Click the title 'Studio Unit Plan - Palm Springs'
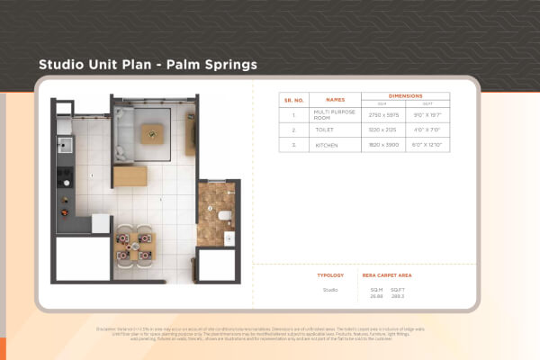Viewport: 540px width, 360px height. [x=148, y=65]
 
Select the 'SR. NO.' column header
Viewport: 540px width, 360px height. [x=293, y=101]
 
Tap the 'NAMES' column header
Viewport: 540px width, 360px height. [x=335, y=101]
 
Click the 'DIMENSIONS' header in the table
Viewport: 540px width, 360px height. [x=405, y=95]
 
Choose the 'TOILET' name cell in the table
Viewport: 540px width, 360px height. [x=325, y=130]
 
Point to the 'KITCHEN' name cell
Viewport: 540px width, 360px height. [x=327, y=144]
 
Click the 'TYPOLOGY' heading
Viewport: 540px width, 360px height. [x=330, y=274]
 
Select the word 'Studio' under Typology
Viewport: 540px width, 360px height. [x=330, y=290]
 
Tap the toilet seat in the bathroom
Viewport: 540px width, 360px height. [x=223, y=216]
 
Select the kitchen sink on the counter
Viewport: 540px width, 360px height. [x=64, y=143]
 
